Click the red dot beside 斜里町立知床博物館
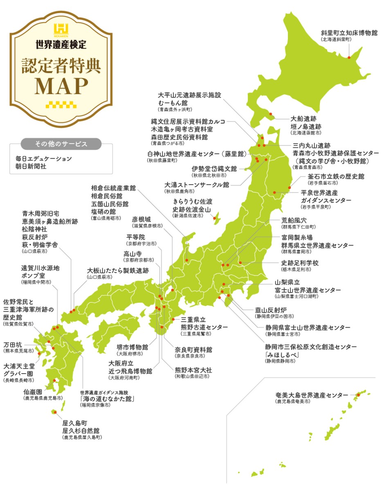(x=349, y=57)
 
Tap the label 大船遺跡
(x=303, y=119)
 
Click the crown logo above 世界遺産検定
(x=61, y=29)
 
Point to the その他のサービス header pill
(x=61, y=144)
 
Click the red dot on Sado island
(x=215, y=218)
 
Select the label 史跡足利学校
(x=300, y=263)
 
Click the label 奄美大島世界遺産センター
(x=312, y=395)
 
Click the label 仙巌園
(x=33, y=392)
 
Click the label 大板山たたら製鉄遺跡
(x=118, y=270)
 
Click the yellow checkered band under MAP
(x=61, y=104)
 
